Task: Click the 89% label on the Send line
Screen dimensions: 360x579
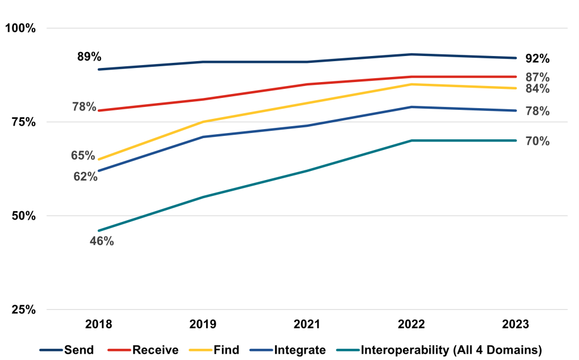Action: click(x=89, y=57)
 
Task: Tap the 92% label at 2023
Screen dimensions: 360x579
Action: click(x=537, y=58)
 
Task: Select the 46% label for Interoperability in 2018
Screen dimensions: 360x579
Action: click(x=102, y=241)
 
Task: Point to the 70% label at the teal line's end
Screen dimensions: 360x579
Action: click(x=537, y=141)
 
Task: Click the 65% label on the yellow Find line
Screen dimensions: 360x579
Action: click(x=83, y=155)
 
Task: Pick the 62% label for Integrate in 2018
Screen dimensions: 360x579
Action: click(x=85, y=177)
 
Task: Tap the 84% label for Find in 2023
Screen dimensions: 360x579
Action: click(x=537, y=89)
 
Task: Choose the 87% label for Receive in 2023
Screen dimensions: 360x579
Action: click(x=537, y=77)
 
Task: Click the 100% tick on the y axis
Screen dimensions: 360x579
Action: click(x=21, y=28)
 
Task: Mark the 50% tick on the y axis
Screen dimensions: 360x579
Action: click(x=24, y=216)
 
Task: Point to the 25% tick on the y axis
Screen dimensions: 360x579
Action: click(x=24, y=310)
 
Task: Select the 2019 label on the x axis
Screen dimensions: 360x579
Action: click(x=203, y=324)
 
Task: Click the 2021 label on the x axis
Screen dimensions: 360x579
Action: click(x=307, y=324)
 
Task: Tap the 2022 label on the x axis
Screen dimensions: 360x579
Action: click(x=411, y=324)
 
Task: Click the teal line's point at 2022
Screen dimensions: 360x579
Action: click(x=411, y=140)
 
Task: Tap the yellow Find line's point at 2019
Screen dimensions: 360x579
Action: click(x=203, y=122)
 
